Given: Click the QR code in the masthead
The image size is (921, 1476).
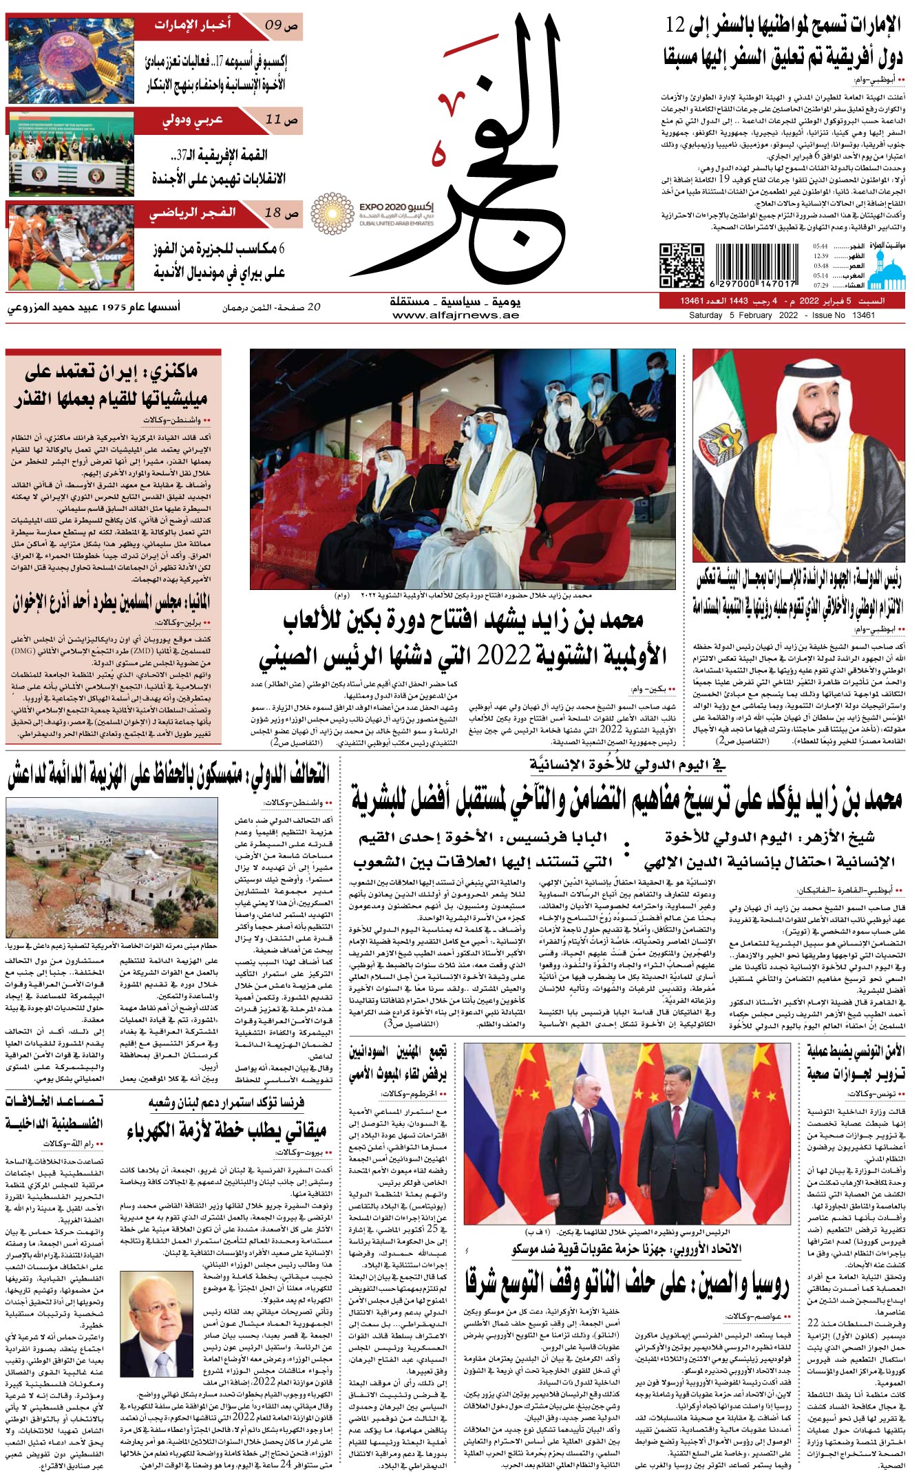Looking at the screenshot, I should (681, 265).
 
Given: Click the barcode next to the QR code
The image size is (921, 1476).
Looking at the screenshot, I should (756, 264).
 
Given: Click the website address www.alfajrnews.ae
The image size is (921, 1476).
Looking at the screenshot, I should (456, 315).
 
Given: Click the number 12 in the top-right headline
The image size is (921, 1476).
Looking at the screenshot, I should (677, 26).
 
